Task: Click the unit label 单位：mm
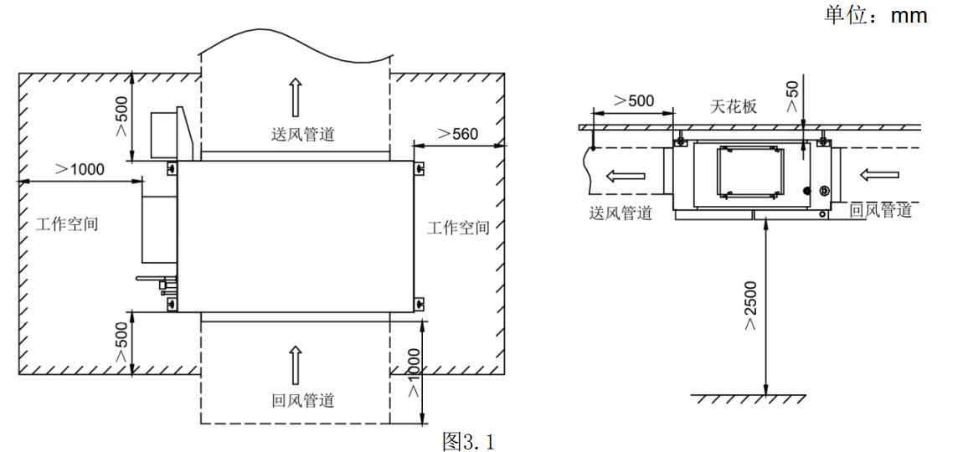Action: pyautogui.click(x=876, y=15)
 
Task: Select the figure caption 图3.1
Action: pyautogui.click(x=468, y=440)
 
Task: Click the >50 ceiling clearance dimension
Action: pyautogui.click(x=792, y=96)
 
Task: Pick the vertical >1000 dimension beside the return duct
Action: pyautogui.click(x=413, y=373)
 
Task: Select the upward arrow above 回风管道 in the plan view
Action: pyautogui.click(x=294, y=365)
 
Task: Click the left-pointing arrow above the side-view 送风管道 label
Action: pyautogui.click(x=626, y=176)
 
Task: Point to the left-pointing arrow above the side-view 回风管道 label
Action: pyautogui.click(x=879, y=175)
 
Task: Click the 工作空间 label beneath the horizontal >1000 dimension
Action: pyautogui.click(x=67, y=224)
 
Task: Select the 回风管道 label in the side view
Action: pyautogui.click(x=881, y=210)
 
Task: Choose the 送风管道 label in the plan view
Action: pyautogui.click(x=303, y=134)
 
